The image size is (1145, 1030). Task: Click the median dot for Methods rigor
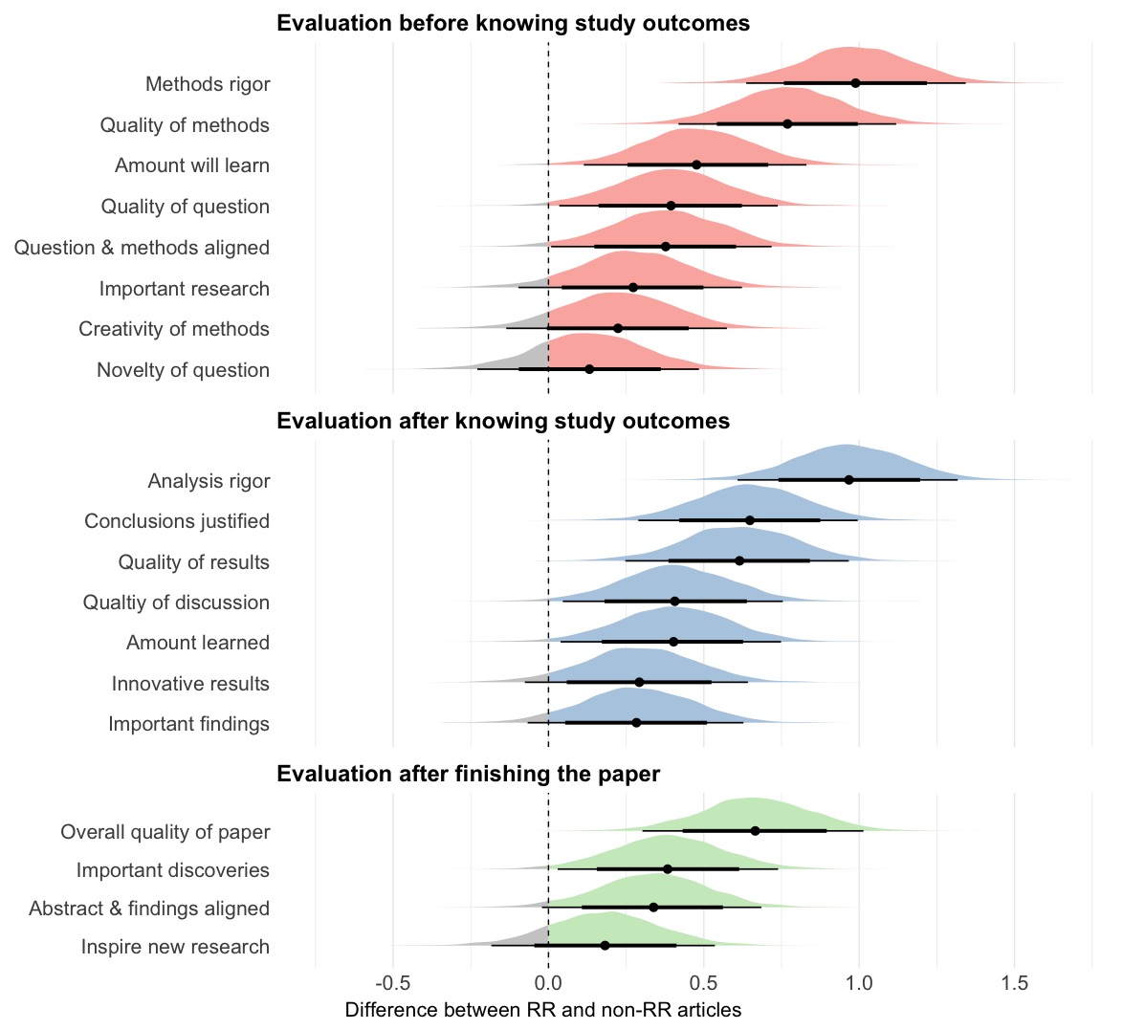click(x=855, y=83)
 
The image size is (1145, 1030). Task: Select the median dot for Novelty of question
click(x=589, y=369)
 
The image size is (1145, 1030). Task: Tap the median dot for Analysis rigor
click(x=848, y=479)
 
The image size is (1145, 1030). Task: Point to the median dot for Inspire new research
click(x=605, y=945)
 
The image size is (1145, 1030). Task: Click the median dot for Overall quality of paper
click(x=755, y=830)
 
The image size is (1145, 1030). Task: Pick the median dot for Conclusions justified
click(x=749, y=520)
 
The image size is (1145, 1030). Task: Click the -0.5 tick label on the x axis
click(x=392, y=983)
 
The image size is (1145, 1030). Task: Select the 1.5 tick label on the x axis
click(x=1014, y=983)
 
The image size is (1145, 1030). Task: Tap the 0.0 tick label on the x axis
click(x=548, y=983)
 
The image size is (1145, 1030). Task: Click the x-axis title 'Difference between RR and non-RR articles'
click(x=542, y=1010)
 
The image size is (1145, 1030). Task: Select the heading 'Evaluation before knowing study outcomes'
click(x=513, y=23)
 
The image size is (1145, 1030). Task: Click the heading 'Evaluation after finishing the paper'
click(x=468, y=774)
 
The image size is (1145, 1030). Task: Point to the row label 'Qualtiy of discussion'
click(x=176, y=603)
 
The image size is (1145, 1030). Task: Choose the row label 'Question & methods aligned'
click(x=142, y=248)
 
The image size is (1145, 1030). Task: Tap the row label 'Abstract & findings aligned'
click(x=149, y=909)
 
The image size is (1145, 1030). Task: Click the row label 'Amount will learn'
click(x=191, y=165)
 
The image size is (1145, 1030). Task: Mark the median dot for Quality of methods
click(x=787, y=123)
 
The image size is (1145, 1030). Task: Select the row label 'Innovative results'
click(x=190, y=684)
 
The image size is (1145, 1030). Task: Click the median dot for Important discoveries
click(x=668, y=868)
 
